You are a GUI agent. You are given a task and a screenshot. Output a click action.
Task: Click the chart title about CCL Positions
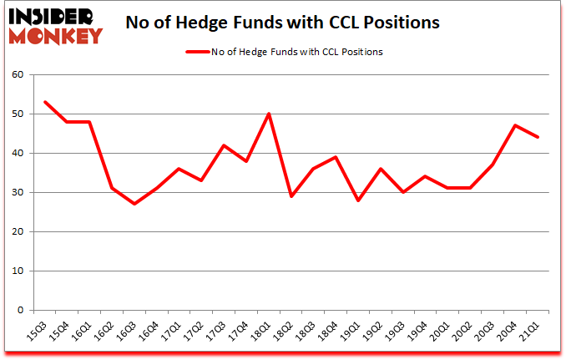284,23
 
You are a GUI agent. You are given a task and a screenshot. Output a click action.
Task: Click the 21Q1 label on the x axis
530,332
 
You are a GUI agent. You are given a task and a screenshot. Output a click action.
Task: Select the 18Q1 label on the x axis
261,332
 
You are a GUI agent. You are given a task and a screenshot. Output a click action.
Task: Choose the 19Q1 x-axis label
351,332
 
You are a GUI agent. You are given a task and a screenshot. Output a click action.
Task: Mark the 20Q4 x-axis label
508,332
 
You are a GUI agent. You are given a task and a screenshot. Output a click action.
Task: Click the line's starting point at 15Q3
45,102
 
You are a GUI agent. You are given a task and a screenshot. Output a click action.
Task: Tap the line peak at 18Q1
269,114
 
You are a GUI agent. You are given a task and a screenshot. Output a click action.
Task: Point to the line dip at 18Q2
291,196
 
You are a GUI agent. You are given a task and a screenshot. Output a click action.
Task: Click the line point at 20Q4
515,125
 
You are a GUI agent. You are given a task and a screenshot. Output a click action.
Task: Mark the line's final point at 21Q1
538,137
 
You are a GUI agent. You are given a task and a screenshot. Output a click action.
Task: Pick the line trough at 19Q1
358,200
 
